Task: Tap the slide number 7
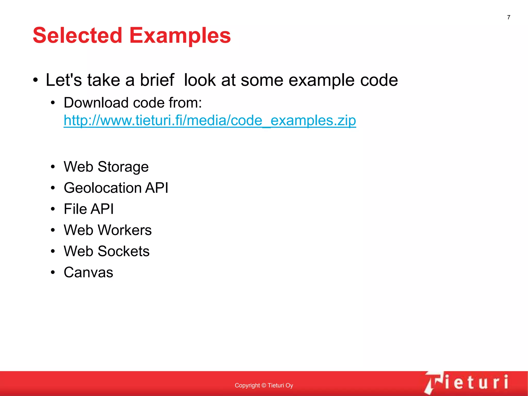click(509, 17)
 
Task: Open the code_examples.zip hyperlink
click(210, 120)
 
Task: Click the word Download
click(96, 103)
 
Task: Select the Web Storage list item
click(106, 167)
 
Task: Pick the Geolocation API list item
click(116, 188)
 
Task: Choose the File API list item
click(89, 209)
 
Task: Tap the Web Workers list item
click(108, 230)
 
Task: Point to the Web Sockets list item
click(107, 251)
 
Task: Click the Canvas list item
click(88, 272)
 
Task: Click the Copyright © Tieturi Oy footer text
click(264, 385)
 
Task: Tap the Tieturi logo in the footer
click(467, 382)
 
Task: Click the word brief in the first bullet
click(157, 80)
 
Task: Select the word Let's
click(64, 80)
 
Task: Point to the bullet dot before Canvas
click(53, 272)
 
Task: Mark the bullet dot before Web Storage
click(53, 167)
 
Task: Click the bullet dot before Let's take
click(36, 80)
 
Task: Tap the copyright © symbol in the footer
click(264, 385)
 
